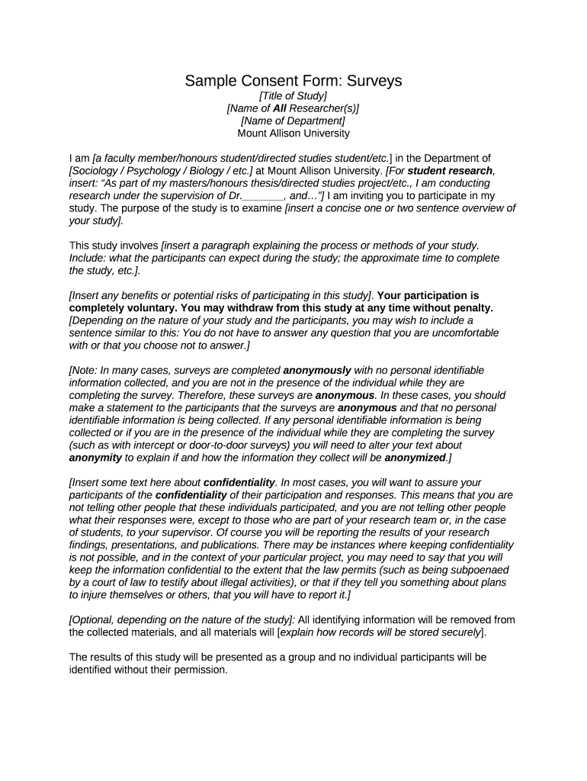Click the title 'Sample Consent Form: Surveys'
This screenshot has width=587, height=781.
click(293, 81)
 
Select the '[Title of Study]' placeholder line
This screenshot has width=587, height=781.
click(293, 96)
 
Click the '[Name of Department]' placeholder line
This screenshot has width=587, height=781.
click(293, 121)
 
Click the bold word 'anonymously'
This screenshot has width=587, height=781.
click(317, 370)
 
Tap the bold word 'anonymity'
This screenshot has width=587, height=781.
click(95, 458)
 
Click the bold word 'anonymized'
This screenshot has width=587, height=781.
click(415, 458)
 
